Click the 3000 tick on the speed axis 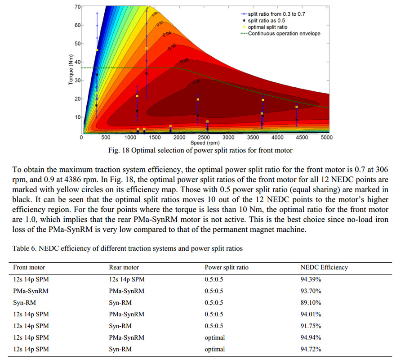coord(228,137)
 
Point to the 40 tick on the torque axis coord(77,62)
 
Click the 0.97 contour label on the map coord(196,81)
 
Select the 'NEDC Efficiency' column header coord(324,267)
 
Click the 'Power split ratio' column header coord(227,267)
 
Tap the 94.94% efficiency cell coord(311,337)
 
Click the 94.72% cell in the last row coord(311,349)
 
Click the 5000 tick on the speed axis coord(326,137)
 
